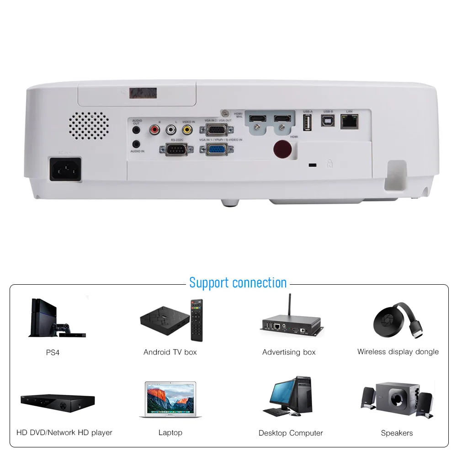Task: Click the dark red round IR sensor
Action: (283, 149)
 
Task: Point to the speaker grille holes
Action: (89, 125)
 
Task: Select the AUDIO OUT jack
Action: (136, 130)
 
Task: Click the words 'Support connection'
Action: (238, 282)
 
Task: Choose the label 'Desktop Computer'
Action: (291, 433)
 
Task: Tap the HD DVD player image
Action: (58, 402)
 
